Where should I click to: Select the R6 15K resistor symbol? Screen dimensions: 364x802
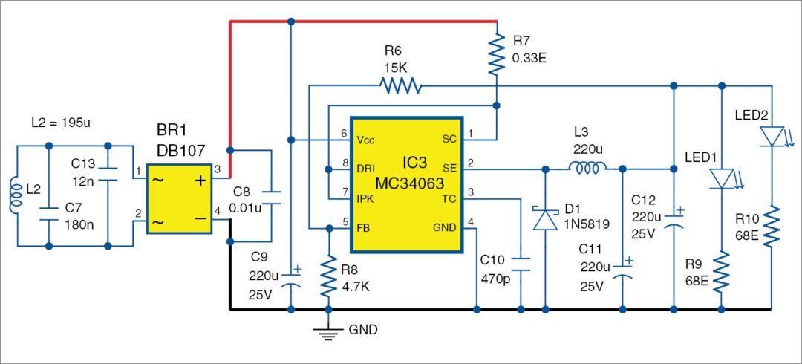click(401, 87)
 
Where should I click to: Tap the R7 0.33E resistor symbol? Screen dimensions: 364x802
click(497, 56)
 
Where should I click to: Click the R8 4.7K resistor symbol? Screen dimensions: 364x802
click(327, 275)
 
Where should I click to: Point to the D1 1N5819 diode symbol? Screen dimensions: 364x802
click(546, 220)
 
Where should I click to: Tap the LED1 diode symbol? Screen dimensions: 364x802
click(721, 178)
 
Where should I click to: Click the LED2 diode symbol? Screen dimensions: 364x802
click(772, 136)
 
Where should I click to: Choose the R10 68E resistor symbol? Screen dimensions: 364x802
click(772, 227)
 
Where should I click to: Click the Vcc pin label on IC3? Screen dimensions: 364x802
click(368, 140)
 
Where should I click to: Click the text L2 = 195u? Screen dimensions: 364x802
click(64, 120)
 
